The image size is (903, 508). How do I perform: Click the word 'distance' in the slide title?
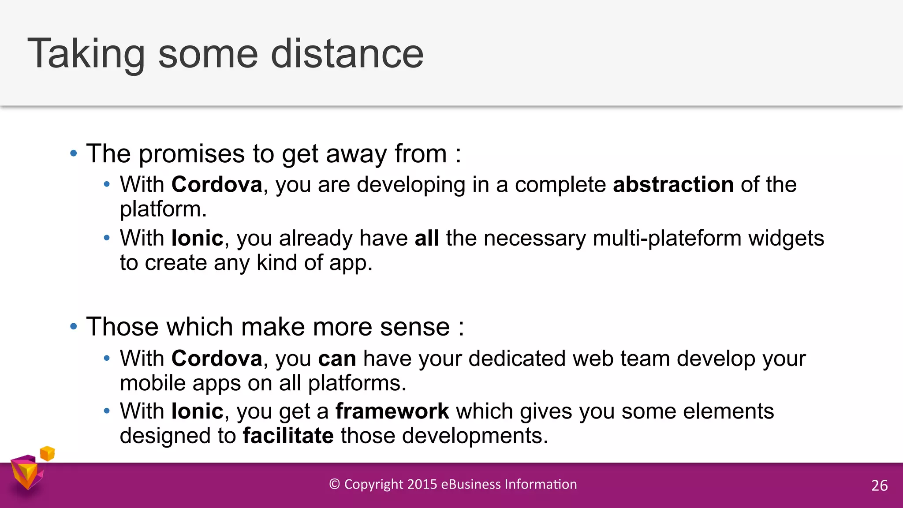[x=347, y=54]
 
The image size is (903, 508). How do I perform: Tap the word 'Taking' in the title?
[x=86, y=54]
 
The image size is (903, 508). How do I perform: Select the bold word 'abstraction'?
[x=673, y=184]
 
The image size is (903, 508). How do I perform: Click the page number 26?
[x=879, y=486]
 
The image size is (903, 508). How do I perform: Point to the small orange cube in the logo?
[x=47, y=453]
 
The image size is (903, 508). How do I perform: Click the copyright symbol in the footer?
[x=335, y=484]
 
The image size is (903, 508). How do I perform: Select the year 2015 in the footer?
[x=422, y=484]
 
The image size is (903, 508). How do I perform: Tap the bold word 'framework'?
[x=392, y=411]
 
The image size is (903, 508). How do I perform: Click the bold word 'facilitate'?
[x=288, y=436]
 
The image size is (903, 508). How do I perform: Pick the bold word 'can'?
[x=337, y=358]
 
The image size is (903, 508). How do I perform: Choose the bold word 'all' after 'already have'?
[x=426, y=238]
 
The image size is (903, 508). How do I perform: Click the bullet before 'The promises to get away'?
[x=74, y=154]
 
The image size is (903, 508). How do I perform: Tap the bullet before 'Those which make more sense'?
[x=74, y=327]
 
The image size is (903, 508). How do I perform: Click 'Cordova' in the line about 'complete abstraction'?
[x=216, y=184]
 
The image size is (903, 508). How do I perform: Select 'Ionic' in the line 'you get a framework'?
[x=197, y=411]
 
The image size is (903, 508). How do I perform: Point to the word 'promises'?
[x=192, y=154]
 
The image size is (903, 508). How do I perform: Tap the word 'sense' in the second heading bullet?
[x=414, y=327]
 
